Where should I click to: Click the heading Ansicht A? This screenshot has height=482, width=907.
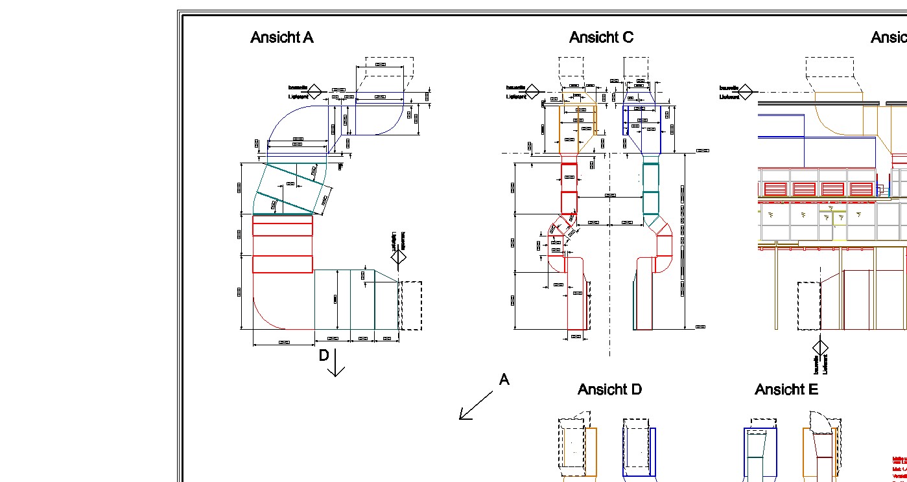[281, 38]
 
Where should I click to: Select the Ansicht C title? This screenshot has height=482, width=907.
[601, 38]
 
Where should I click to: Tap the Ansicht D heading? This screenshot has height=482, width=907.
[609, 389]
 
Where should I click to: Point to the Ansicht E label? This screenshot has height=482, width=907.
[786, 389]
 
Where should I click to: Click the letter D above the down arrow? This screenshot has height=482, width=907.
[324, 355]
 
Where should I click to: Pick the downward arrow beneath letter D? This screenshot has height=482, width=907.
[336, 367]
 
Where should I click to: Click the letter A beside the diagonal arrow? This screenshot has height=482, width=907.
[504, 380]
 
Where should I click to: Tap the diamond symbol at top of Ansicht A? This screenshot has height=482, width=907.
[314, 91]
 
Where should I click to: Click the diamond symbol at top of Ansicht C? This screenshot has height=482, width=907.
[532, 91]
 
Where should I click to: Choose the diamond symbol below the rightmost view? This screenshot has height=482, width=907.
[820, 348]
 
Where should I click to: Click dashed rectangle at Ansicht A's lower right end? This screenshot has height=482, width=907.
[410, 306]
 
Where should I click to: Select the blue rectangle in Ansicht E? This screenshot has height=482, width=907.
[760, 452]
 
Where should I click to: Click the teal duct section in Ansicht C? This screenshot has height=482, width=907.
[650, 189]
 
